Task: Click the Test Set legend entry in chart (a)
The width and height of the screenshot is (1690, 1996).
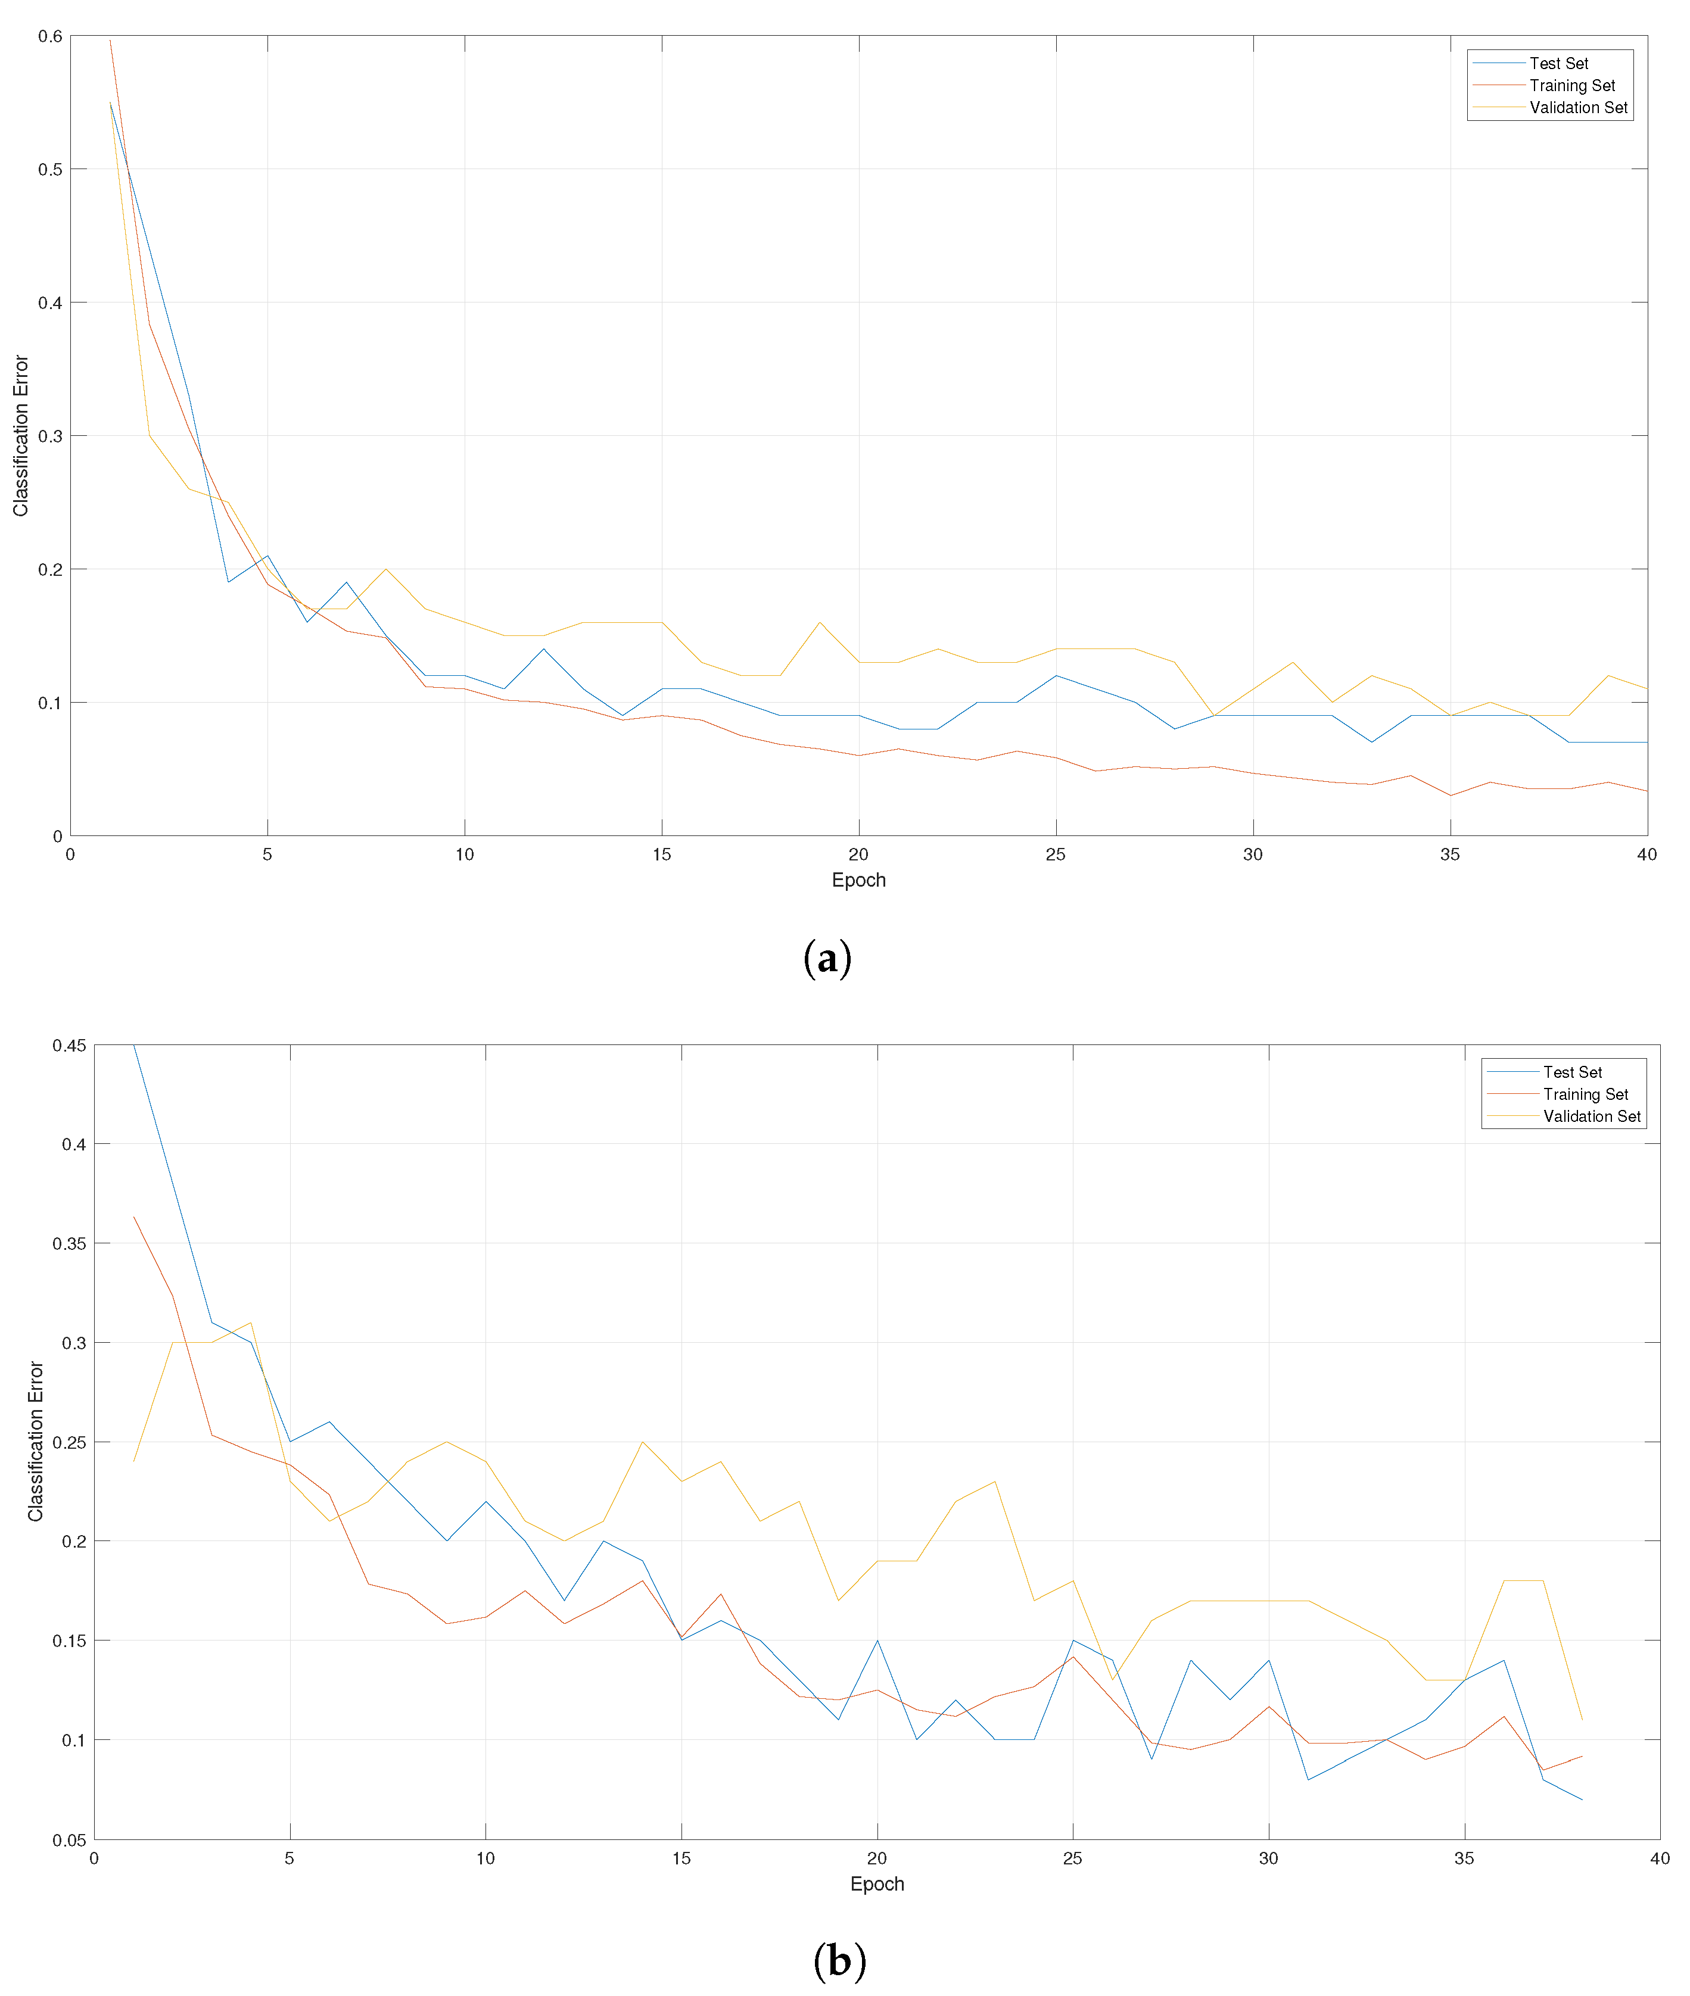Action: point(1558,63)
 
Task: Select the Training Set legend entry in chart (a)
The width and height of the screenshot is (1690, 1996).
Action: point(1571,85)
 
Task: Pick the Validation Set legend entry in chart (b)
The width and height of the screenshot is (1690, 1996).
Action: point(1591,1116)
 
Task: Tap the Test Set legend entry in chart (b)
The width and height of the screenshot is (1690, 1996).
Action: point(1572,1072)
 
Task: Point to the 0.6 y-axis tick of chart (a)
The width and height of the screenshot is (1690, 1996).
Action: point(50,36)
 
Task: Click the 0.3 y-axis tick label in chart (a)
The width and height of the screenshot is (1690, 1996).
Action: point(50,436)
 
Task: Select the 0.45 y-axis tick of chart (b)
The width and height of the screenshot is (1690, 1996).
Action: point(69,1045)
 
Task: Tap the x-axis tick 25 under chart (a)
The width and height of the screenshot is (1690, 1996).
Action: point(1056,854)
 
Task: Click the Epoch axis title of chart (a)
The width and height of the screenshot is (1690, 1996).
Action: point(858,880)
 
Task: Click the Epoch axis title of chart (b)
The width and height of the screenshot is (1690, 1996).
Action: point(877,1884)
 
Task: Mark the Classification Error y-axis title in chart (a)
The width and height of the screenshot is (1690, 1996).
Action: point(21,436)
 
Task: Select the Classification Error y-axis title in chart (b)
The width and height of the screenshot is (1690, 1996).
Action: point(36,1442)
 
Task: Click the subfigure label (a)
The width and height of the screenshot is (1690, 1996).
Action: point(827,959)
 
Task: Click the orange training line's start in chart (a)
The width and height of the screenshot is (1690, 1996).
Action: point(110,40)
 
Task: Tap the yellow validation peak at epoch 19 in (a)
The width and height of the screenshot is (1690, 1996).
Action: point(819,622)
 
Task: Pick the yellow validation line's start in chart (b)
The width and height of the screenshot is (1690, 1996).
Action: point(134,1461)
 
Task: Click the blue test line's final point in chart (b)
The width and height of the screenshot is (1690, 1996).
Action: point(1581,1799)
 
